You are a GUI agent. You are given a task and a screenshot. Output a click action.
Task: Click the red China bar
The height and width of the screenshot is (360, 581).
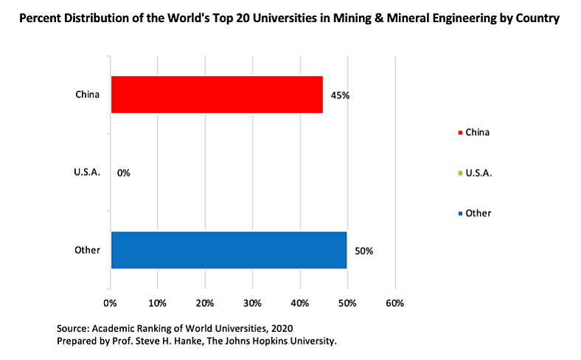[x=217, y=94]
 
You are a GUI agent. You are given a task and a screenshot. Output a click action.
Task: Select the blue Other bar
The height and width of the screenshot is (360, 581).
[x=229, y=250]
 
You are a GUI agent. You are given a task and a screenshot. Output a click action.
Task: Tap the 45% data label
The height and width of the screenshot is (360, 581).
[x=339, y=96]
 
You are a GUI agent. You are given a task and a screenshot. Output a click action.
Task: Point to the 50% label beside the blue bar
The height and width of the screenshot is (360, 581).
[x=363, y=251]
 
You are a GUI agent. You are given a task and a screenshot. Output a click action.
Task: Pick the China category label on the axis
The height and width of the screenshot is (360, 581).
[x=87, y=94]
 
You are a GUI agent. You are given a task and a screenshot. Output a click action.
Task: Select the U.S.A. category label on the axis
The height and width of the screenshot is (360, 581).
[x=87, y=173]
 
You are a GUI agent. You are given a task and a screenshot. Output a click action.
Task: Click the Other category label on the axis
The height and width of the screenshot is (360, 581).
[x=87, y=250]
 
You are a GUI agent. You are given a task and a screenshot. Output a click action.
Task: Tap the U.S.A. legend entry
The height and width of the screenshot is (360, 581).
[x=476, y=173]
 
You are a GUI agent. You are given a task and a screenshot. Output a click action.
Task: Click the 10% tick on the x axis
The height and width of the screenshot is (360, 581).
[x=157, y=303]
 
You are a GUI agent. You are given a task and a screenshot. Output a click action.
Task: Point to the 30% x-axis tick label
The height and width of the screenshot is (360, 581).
[x=252, y=303]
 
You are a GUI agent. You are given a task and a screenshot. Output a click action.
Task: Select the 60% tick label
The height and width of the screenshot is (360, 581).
[x=394, y=303]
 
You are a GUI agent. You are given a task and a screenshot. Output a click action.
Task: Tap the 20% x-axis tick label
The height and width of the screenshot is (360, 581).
[x=205, y=303]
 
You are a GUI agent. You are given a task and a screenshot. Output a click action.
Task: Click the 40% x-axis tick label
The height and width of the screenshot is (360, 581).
[x=299, y=303]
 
